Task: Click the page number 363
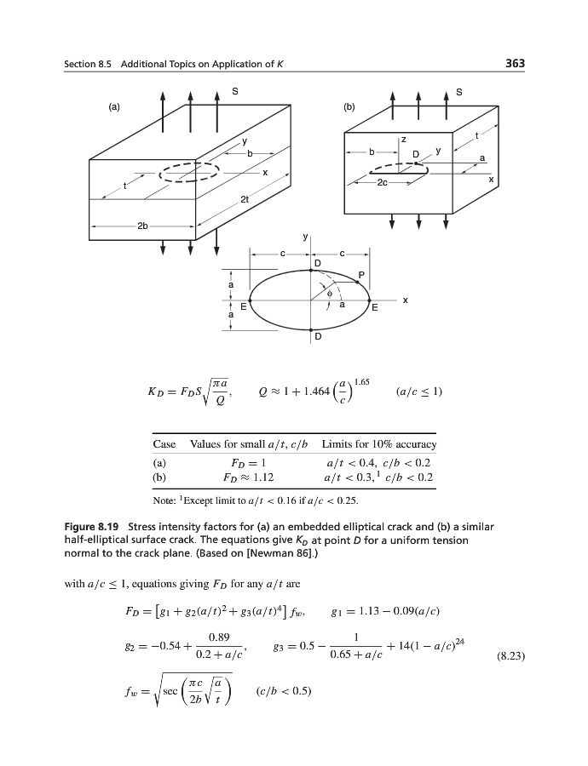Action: pyautogui.click(x=513, y=63)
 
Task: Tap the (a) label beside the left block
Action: pyautogui.click(x=113, y=107)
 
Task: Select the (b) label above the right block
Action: pyautogui.click(x=348, y=107)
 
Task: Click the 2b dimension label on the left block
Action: pyautogui.click(x=143, y=226)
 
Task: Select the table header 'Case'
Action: pyautogui.click(x=164, y=444)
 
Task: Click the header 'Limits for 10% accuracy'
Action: pyautogui.click(x=379, y=444)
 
